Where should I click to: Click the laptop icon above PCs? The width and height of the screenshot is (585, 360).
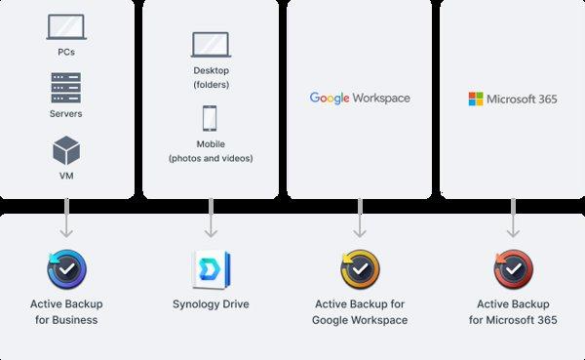click(x=66, y=27)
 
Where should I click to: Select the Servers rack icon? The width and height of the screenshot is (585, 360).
click(x=66, y=88)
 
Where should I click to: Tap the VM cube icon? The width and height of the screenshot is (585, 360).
click(x=66, y=151)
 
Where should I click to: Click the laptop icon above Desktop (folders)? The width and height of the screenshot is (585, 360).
click(x=211, y=45)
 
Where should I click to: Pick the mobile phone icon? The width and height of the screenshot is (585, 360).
click(x=211, y=118)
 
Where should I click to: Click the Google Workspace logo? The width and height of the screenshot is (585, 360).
click(x=360, y=98)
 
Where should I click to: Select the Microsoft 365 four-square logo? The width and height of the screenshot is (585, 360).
click(x=476, y=99)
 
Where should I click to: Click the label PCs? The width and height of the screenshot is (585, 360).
click(x=66, y=51)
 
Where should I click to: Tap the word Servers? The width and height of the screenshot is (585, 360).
click(x=66, y=114)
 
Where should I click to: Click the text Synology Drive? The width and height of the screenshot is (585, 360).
click(x=211, y=304)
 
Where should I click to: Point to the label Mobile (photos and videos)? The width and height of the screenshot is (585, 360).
click(x=211, y=151)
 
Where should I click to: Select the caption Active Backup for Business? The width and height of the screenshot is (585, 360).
click(x=66, y=312)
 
